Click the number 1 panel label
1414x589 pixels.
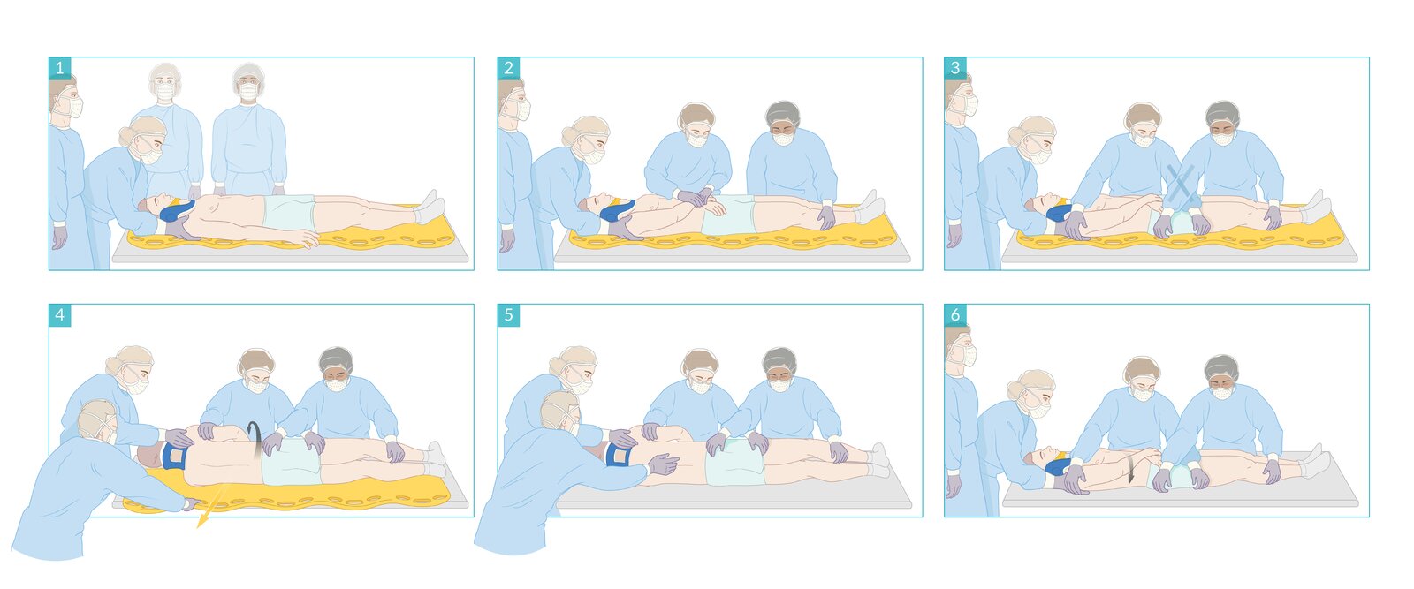click(60, 68)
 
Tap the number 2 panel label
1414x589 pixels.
click(508, 68)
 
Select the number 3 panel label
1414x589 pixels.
click(955, 68)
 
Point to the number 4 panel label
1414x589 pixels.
click(60, 315)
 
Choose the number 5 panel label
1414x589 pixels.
click(508, 315)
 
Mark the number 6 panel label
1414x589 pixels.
click(955, 315)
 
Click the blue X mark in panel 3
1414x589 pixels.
click(1179, 185)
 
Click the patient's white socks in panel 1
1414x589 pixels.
click(430, 207)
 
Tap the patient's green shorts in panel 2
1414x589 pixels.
click(727, 215)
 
